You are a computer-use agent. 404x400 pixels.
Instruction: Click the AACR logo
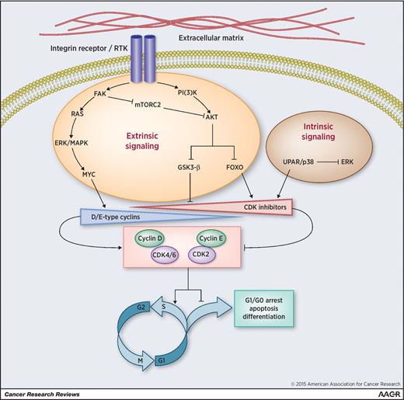(x=379, y=392)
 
